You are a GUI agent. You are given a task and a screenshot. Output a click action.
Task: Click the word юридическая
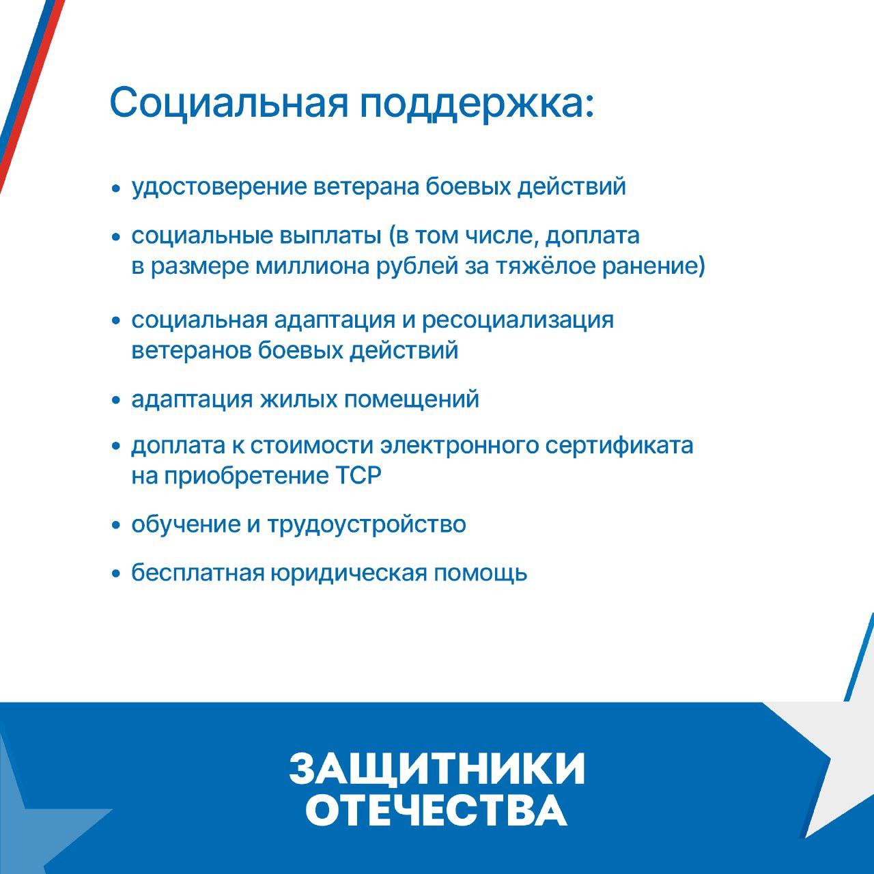pyautogui.click(x=349, y=574)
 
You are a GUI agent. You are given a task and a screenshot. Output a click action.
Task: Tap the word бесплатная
pyautogui.click(x=198, y=573)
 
